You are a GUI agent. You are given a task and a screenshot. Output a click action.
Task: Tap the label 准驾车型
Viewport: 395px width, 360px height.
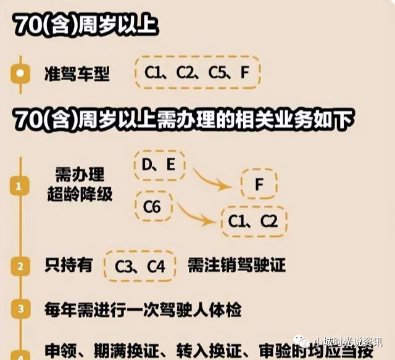(77, 74)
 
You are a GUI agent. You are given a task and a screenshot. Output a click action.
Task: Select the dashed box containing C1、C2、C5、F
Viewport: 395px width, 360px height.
(197, 73)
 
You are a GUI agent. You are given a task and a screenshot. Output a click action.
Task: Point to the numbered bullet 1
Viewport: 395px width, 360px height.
(21, 186)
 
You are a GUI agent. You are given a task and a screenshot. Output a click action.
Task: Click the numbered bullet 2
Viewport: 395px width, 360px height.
(21, 266)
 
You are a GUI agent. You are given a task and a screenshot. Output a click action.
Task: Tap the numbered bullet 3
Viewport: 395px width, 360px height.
(21, 308)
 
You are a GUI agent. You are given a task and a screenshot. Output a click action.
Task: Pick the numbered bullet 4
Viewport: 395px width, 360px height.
(21, 354)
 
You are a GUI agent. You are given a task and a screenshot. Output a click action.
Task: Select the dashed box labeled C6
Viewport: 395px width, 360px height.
(152, 207)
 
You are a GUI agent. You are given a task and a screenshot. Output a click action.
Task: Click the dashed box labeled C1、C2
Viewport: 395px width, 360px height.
(253, 221)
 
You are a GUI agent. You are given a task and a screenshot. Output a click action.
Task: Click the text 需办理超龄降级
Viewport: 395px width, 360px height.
(80, 184)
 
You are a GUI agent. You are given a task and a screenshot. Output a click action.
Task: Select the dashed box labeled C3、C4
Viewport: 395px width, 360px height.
(141, 266)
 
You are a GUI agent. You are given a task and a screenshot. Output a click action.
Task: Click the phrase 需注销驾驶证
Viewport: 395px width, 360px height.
(236, 266)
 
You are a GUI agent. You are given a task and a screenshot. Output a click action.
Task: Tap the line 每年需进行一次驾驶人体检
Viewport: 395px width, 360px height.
(143, 308)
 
